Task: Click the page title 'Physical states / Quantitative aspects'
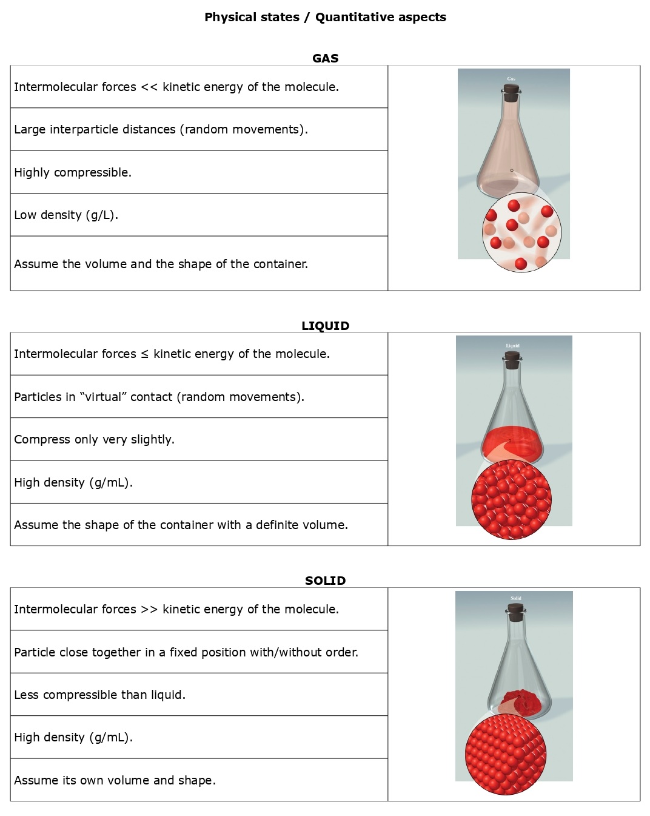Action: pos(325,17)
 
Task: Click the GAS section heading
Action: pos(325,58)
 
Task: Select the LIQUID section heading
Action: pos(325,326)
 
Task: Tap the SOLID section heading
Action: pos(325,581)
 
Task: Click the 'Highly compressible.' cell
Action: pos(73,172)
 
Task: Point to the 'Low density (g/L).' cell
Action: pos(66,215)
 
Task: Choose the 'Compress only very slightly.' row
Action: pos(94,439)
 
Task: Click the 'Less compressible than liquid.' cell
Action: pos(99,695)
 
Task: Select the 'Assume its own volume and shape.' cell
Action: pos(115,780)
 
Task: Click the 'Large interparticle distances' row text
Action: pos(161,129)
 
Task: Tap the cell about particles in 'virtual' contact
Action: pos(159,397)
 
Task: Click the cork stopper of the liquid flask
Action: pos(512,360)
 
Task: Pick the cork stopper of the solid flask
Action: pos(516,613)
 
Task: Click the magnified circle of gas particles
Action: pos(521,232)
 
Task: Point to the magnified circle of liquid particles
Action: pos(511,499)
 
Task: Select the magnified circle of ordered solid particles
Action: pos(506,754)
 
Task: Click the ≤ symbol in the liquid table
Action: pos(144,354)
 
